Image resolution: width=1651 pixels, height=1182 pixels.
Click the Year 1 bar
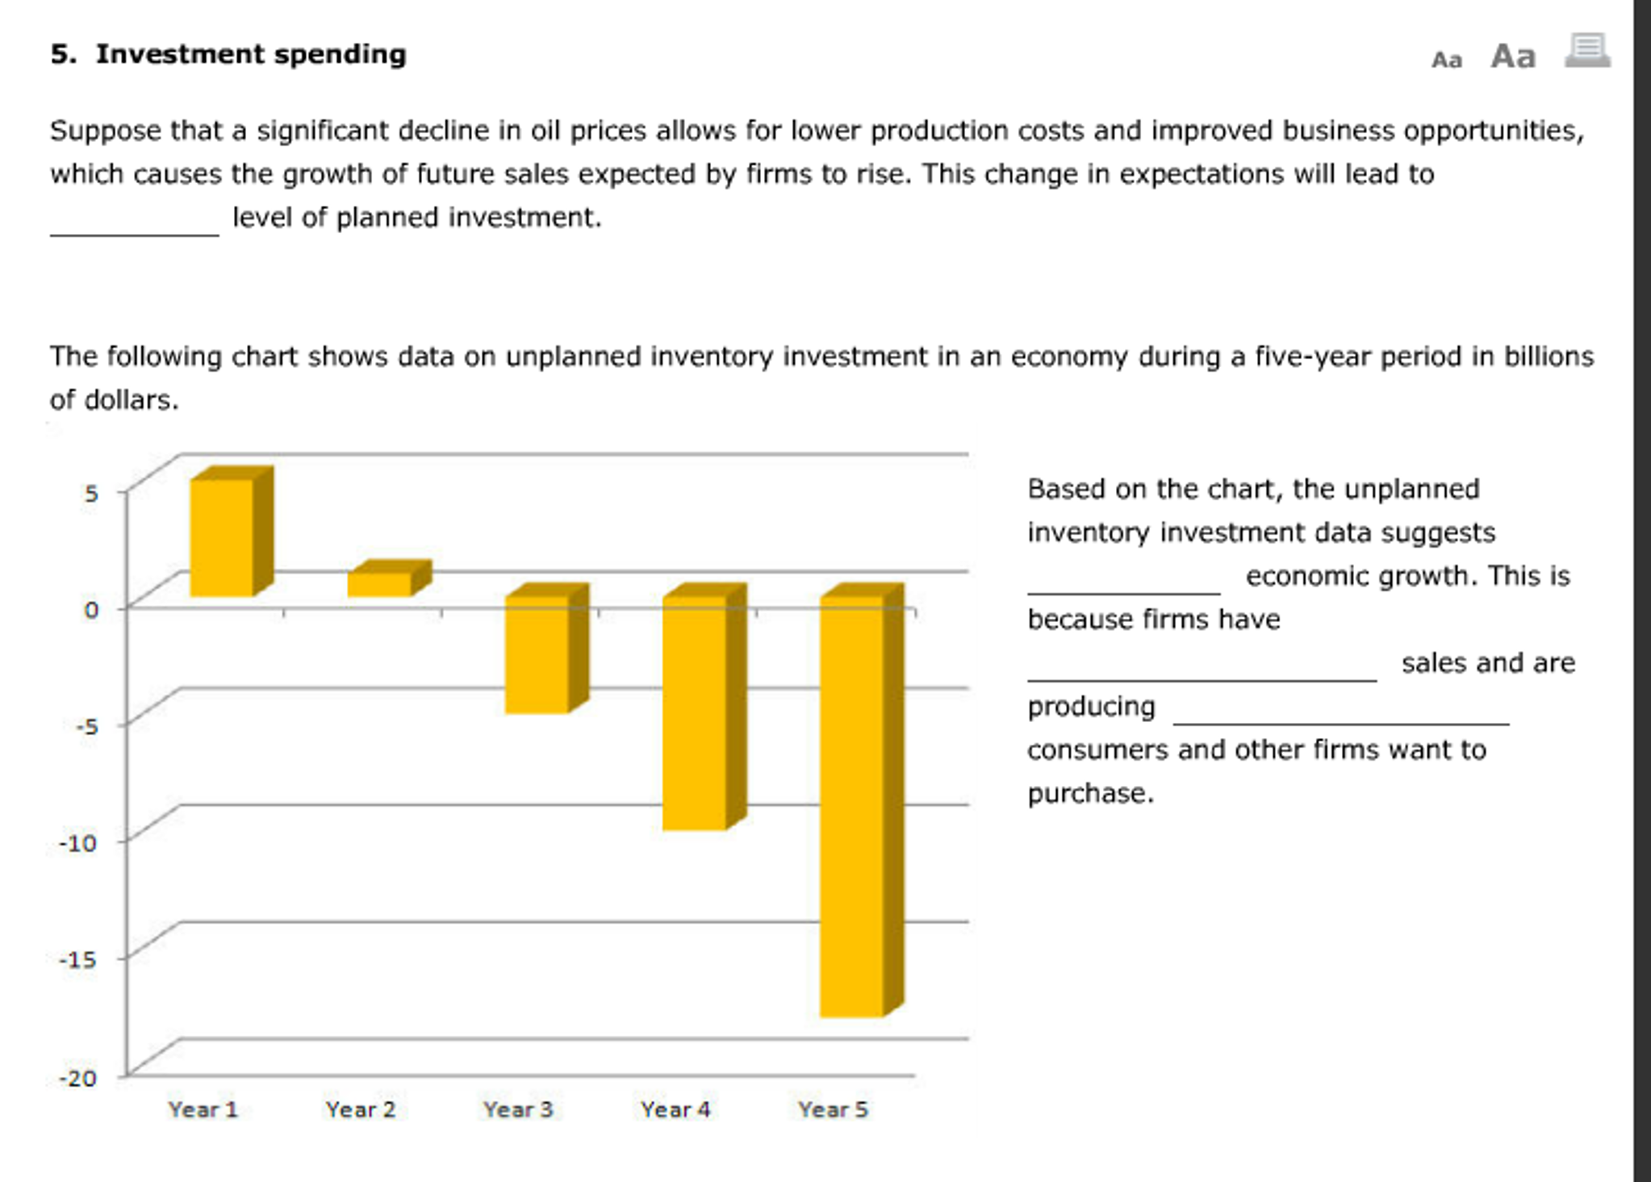(222, 537)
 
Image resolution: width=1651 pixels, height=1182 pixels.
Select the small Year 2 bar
(379, 584)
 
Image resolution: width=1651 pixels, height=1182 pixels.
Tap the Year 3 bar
(537, 654)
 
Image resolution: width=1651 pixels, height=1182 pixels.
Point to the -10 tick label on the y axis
(78, 843)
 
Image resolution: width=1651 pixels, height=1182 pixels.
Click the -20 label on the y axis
(78, 1078)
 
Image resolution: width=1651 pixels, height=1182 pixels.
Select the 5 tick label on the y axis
(90, 493)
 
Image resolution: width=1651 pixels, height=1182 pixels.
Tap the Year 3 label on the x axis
(518, 1109)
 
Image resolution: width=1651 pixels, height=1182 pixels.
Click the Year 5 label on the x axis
(833, 1109)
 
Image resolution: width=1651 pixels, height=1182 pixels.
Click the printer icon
(1587, 52)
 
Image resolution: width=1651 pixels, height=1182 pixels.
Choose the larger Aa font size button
(1512, 56)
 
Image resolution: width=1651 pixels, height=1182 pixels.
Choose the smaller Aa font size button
(1446, 60)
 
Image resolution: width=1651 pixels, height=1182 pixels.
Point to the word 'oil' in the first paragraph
(545, 131)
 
